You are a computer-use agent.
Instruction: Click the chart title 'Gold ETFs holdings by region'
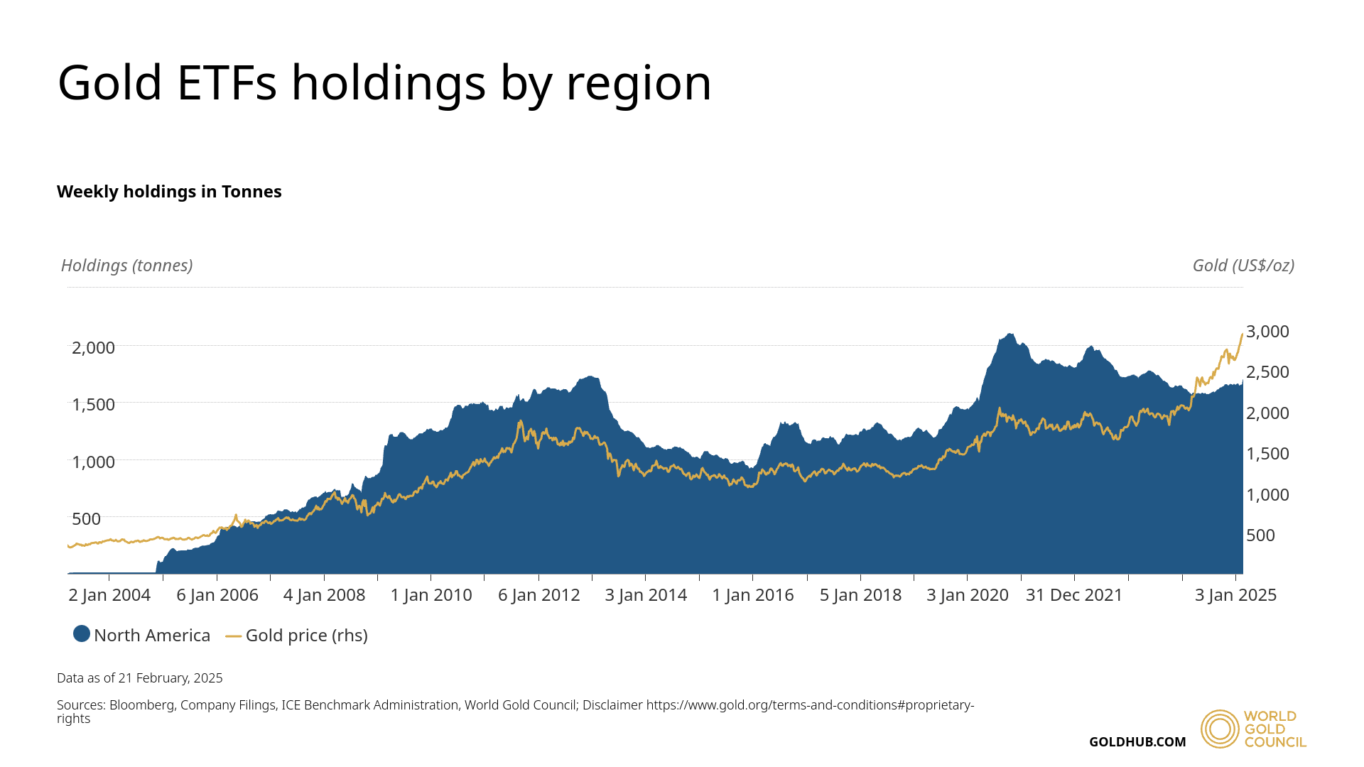tap(384, 83)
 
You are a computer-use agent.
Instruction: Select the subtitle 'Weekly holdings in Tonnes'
tap(169, 192)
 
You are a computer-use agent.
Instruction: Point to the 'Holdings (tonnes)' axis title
tap(126, 266)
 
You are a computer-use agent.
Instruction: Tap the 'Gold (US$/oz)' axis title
tap(1243, 266)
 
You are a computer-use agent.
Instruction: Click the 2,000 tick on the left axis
tap(93, 348)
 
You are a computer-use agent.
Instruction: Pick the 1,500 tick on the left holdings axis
tap(93, 405)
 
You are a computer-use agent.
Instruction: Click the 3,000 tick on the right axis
tap(1267, 332)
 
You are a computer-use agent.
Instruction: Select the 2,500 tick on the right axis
tap(1267, 372)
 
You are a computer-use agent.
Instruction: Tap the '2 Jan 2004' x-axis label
tap(109, 595)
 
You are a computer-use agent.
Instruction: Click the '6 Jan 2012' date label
tap(538, 595)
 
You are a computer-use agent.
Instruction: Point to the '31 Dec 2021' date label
tap(1073, 595)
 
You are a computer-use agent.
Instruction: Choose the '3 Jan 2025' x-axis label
tap(1235, 595)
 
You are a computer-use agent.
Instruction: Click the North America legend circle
tap(82, 634)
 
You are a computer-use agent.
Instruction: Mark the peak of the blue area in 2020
tap(1008, 334)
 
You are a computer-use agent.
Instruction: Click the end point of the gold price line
tap(1242, 334)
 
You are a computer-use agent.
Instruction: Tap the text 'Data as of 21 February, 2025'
tap(140, 678)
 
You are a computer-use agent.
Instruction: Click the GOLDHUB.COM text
tap(1137, 742)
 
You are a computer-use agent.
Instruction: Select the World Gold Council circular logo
tap(1219, 729)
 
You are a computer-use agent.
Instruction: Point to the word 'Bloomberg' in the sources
tap(141, 705)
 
